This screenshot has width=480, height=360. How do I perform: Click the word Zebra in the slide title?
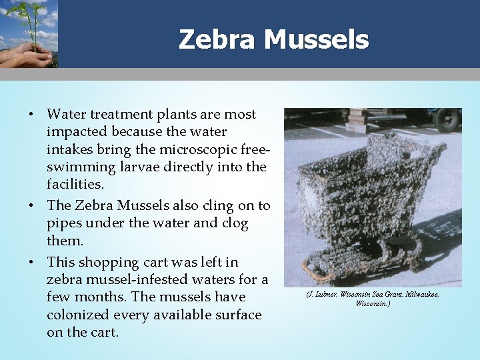pos(217,40)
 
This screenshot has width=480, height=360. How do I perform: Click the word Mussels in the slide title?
pos(316,40)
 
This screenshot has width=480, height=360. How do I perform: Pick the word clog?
pos(234,224)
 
